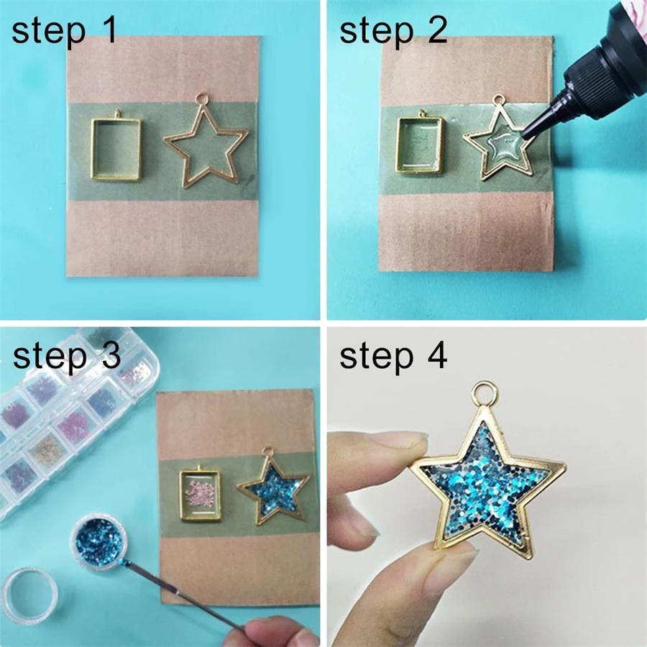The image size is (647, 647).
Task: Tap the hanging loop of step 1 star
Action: [x=201, y=96]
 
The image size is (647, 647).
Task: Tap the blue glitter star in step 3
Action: [x=273, y=492]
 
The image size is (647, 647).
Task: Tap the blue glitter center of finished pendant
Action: [x=485, y=489]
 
